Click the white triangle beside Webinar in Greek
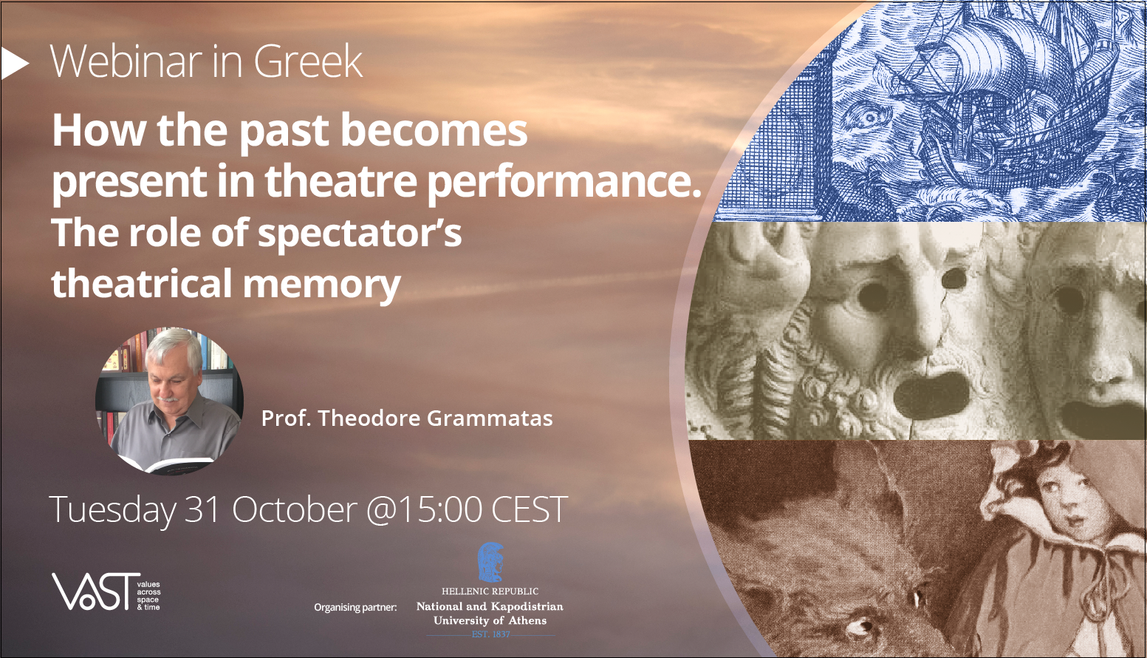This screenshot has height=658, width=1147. (13, 63)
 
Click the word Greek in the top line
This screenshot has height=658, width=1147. (308, 61)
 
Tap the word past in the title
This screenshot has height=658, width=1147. (284, 132)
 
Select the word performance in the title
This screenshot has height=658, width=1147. (564, 183)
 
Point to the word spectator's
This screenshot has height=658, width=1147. (360, 234)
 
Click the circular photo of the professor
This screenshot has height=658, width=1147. (169, 401)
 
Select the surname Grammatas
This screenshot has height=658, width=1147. (490, 418)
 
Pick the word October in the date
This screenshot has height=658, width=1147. (295, 509)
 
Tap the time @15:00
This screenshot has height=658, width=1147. (424, 509)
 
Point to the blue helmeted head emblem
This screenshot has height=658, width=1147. (490, 563)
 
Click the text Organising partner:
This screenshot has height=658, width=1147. (355, 607)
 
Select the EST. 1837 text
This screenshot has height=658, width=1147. (490, 634)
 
